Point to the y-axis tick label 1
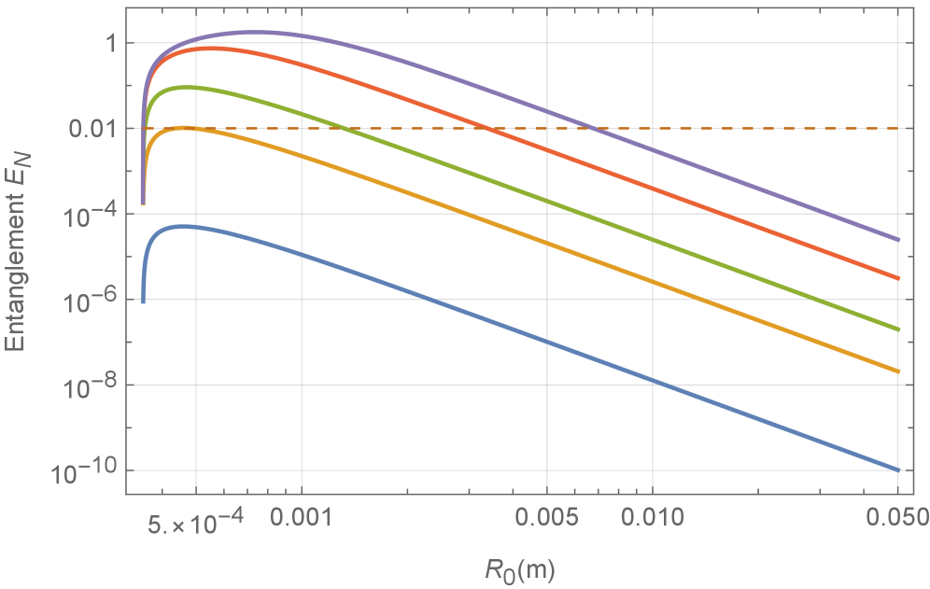(x=105, y=43)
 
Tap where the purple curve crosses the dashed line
(x=590, y=129)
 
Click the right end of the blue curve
(x=897, y=470)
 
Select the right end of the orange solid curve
(x=897, y=372)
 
